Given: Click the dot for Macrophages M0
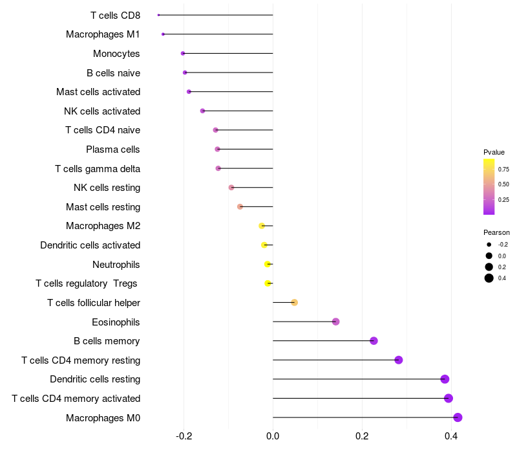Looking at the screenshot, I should pyautogui.click(x=458, y=417).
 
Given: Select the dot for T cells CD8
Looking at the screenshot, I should pyautogui.click(x=158, y=15).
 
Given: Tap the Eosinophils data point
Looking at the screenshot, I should pyautogui.click(x=335, y=322).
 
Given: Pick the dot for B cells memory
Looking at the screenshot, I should pyautogui.click(x=374, y=341).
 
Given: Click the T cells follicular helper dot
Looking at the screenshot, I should pyautogui.click(x=294, y=302).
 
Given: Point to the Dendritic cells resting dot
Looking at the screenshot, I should pyautogui.click(x=445, y=379).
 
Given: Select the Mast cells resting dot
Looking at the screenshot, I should pyautogui.click(x=240, y=206).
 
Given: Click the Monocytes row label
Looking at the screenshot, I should pyautogui.click(x=116, y=54).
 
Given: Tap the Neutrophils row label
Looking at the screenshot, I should pyautogui.click(x=116, y=265).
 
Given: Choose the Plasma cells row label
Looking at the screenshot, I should pyautogui.click(x=113, y=149).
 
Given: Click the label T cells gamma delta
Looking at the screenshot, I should pyautogui.click(x=98, y=169).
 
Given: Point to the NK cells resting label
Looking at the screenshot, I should pyautogui.click(x=107, y=188).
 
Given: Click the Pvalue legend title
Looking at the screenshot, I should pyautogui.click(x=494, y=152).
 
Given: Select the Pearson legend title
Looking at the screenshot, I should pyautogui.click(x=496, y=232).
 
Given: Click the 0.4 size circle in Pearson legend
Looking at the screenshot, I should pyautogui.click(x=489, y=278).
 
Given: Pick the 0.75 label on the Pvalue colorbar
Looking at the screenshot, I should pyautogui.click(x=503, y=169).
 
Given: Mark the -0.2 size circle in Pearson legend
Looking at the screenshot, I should pyautogui.click(x=489, y=245).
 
